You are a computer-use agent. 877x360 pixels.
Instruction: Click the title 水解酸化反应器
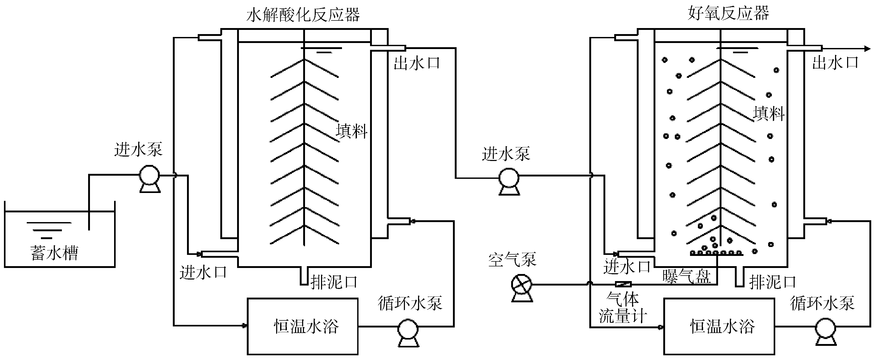pyautogui.click(x=303, y=15)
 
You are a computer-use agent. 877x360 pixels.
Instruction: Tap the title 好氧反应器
pyautogui.click(x=728, y=14)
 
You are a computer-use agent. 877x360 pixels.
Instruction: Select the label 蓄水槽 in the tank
pyautogui.click(x=55, y=253)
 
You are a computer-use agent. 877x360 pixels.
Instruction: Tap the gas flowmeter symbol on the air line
pyautogui.click(x=623, y=284)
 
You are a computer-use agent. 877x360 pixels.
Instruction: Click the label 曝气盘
pyautogui.click(x=686, y=276)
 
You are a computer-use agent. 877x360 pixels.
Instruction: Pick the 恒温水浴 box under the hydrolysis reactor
pyautogui.click(x=302, y=326)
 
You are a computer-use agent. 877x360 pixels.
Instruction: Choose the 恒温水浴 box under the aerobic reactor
pyautogui.click(x=719, y=326)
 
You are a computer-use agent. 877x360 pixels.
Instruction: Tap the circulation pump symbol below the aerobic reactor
pyautogui.click(x=825, y=329)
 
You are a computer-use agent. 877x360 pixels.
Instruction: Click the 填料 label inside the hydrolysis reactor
pyautogui.click(x=352, y=131)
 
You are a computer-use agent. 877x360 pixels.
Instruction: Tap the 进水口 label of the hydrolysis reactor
pyautogui.click(x=203, y=272)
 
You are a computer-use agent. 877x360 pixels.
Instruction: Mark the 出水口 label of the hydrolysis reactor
pyautogui.click(x=417, y=63)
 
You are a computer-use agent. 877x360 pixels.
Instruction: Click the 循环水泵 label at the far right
pyautogui.click(x=822, y=303)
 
